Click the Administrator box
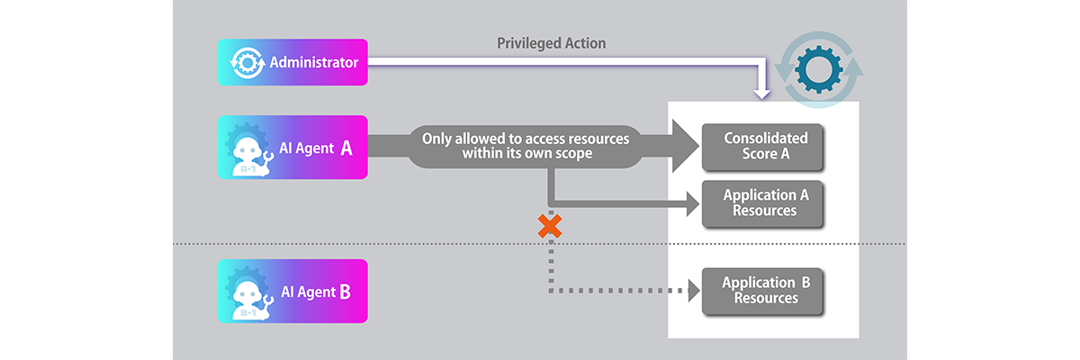pos(292,63)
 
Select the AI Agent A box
pos(292,147)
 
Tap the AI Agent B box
pos(292,291)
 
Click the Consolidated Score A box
pos(766,147)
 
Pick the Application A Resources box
pos(765,203)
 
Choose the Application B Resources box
pos(765,291)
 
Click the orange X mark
pos(549,227)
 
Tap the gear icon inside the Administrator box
pos(246,63)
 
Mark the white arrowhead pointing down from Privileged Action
pos(763,89)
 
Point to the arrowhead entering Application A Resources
pos(692,206)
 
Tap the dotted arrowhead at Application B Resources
pos(693,291)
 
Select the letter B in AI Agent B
pos(346,291)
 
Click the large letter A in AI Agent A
pos(346,147)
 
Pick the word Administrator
pos(314,63)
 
